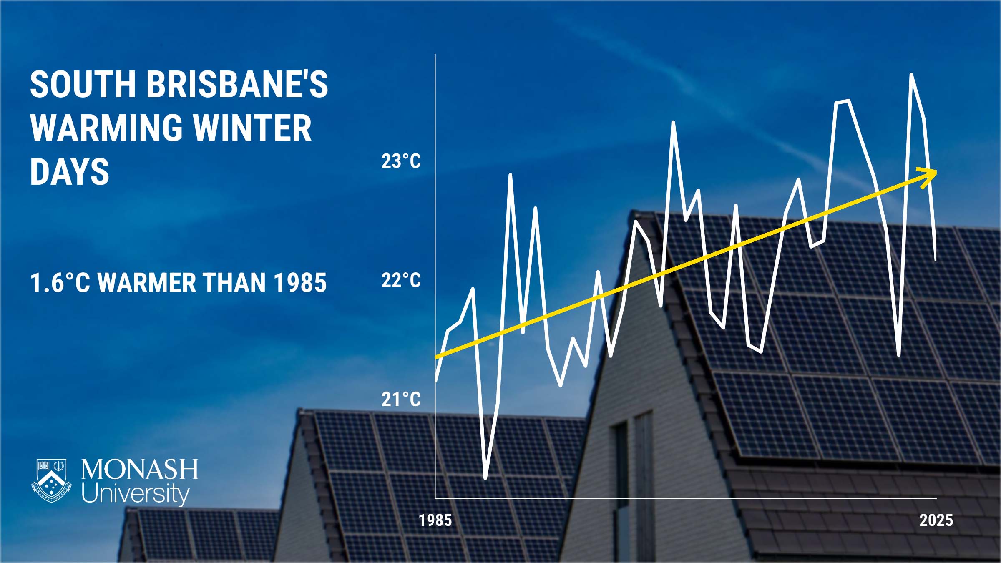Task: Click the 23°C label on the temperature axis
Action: tap(401, 161)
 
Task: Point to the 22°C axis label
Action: tap(401, 280)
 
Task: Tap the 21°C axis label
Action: tap(401, 400)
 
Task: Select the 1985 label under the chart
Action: tap(435, 520)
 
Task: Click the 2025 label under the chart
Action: tap(936, 520)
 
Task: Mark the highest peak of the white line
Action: tap(911, 75)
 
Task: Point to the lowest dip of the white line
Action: tap(485, 478)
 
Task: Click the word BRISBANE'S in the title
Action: tap(237, 84)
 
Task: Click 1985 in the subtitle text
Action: tap(300, 283)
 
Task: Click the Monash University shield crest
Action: tap(51, 480)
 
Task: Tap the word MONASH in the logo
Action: tap(140, 470)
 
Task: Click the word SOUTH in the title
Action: tap(83, 84)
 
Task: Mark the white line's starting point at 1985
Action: tap(436, 381)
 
